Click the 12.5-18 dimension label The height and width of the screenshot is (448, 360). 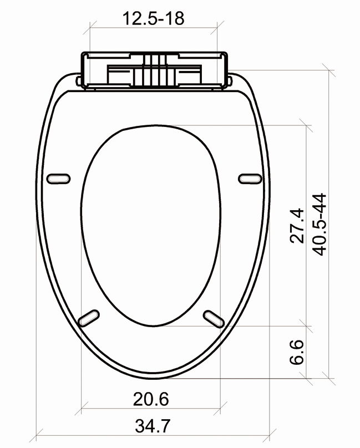point(153,18)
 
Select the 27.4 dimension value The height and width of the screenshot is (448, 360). point(297,225)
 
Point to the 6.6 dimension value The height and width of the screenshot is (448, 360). point(297,352)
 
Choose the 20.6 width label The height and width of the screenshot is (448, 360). point(151,398)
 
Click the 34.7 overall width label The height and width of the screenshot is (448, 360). point(153,426)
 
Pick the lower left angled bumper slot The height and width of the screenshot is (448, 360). point(89,317)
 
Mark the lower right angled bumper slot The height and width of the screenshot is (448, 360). point(214,317)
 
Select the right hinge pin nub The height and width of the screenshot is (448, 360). point(230,82)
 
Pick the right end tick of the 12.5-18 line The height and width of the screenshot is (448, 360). point(220,27)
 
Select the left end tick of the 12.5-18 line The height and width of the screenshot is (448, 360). point(90,27)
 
